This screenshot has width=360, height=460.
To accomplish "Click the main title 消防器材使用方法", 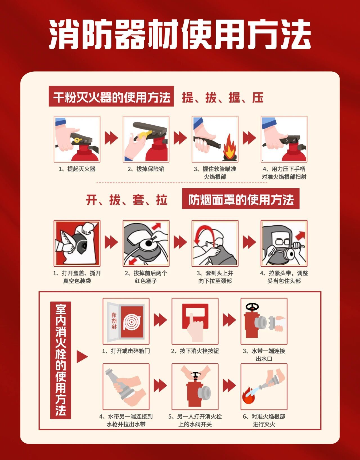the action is point(180,34).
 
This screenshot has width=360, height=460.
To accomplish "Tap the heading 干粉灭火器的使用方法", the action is point(112,98).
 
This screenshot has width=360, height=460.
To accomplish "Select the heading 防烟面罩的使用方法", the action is point(241,200).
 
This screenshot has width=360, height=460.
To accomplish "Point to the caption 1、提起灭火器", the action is point(77,169).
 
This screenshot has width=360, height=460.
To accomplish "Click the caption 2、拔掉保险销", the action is point(146,169).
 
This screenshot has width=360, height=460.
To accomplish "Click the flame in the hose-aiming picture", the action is point(229,146).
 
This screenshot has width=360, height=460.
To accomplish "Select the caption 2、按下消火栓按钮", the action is point(195,351).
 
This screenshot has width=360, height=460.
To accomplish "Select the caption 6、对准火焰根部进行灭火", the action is point(264,420).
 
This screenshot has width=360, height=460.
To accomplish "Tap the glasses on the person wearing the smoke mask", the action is point(282,242).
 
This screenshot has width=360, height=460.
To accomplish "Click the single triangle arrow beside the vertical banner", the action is point(82,357).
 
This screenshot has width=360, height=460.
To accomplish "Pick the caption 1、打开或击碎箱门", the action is point(126,351).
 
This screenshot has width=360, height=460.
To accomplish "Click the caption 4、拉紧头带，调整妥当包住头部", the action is point(284,277).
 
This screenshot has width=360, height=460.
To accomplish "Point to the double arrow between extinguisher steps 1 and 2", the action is point(111,138).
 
